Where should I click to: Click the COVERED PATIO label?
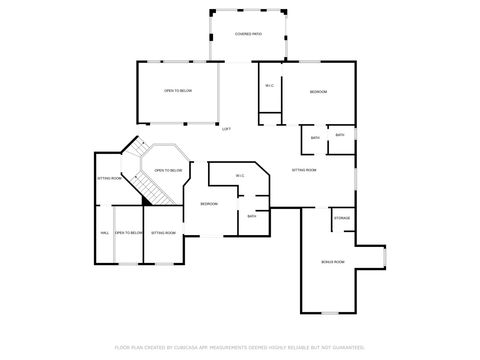(x=248, y=34)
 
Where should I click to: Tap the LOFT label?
(x=226, y=129)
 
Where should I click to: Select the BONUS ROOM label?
(x=333, y=262)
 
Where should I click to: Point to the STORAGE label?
(x=342, y=217)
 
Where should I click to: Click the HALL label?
(x=104, y=233)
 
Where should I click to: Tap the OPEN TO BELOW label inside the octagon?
(x=168, y=171)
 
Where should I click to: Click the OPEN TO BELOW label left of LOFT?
(x=177, y=91)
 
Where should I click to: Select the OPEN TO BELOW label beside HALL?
(x=128, y=233)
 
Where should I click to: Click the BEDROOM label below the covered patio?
(x=318, y=92)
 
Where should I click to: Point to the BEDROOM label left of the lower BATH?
(x=209, y=204)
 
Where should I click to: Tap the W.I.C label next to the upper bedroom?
(x=270, y=86)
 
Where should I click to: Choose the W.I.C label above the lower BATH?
(x=240, y=177)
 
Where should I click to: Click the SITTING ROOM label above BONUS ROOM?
(x=304, y=171)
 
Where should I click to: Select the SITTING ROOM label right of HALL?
(x=163, y=233)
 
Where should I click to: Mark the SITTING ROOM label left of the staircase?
(x=110, y=178)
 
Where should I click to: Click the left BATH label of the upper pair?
(x=315, y=138)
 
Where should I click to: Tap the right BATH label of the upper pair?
(x=340, y=135)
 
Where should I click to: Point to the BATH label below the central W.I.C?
(x=252, y=216)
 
